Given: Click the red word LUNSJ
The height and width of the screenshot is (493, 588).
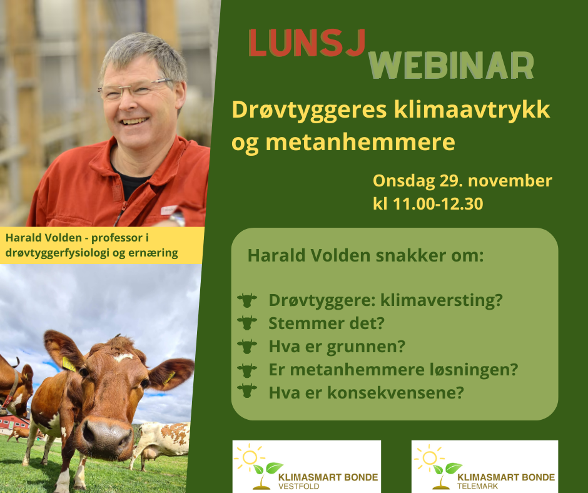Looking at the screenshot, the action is pos(307,43).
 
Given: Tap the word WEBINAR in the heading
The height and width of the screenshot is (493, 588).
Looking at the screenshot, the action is pos(451,65).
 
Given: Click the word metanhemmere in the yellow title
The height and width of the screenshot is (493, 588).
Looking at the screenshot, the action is pos(360,142).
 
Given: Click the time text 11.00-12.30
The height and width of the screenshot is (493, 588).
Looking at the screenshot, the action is pos(438,204).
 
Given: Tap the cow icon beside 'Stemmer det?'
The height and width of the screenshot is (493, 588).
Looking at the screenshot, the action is pos(247,323).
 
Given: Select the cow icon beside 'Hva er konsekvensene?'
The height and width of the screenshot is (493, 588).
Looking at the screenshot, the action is pos(247,390).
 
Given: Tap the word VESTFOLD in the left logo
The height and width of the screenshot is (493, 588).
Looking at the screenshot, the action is pos(298,487).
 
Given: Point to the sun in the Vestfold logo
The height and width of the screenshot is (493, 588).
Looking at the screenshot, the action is pos(250,457).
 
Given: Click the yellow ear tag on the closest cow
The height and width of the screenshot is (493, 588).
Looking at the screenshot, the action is pos(68,364).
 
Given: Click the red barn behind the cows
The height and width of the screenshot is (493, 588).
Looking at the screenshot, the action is pos(14,423).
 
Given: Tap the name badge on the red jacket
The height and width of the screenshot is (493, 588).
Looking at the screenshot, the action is pos(169,210).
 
